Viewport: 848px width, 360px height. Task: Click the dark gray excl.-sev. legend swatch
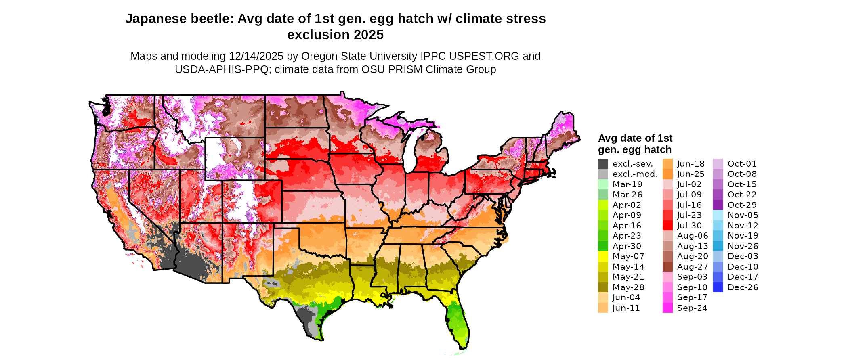(x=603, y=164)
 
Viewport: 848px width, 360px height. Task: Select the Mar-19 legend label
(x=627, y=184)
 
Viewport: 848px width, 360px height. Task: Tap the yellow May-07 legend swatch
(x=603, y=256)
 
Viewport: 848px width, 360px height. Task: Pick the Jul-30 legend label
(x=689, y=226)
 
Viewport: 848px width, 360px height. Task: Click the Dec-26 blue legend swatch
(x=718, y=287)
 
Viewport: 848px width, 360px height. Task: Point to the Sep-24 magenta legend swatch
(x=667, y=308)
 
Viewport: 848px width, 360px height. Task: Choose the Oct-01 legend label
(x=742, y=164)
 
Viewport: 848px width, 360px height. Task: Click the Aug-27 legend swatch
(x=667, y=267)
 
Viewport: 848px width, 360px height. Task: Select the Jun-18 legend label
(x=691, y=164)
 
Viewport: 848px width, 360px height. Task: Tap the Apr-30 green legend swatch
(x=603, y=246)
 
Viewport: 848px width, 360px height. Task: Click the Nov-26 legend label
(x=743, y=246)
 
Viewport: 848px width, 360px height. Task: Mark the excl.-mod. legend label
(x=635, y=174)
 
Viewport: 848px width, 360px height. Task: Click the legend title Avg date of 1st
(x=635, y=138)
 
